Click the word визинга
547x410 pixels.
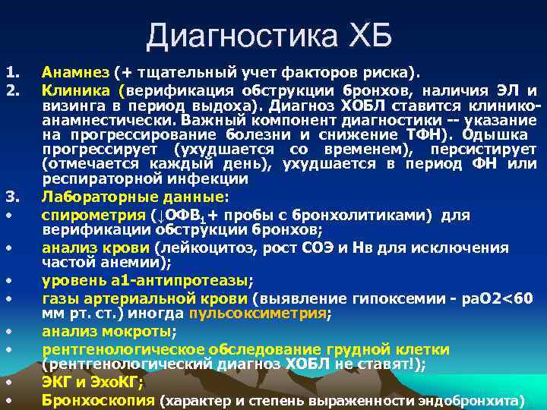[x=69, y=107]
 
